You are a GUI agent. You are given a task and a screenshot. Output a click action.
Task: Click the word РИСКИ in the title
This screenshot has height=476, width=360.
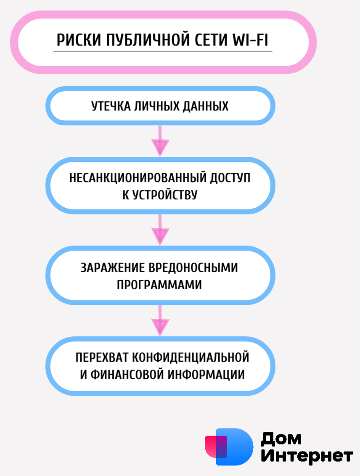click(79, 40)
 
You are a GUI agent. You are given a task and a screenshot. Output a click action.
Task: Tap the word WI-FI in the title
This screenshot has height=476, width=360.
click(250, 40)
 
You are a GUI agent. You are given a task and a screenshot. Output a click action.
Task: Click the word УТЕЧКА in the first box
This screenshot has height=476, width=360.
click(111, 106)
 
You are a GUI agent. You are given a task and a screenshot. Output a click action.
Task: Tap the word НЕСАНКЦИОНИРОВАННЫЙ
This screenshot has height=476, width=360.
click(138, 177)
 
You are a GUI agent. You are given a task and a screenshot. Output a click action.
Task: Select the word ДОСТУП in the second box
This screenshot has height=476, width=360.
click(230, 178)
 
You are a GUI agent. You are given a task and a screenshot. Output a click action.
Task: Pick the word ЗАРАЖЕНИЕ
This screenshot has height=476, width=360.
click(112, 268)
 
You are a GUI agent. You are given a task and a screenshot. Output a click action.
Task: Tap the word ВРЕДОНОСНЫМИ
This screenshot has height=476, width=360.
click(193, 268)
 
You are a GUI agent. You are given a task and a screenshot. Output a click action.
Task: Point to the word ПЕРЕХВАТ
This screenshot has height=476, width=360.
click(102, 357)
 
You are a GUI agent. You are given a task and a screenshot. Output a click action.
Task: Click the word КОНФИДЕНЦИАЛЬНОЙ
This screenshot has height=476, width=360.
click(191, 357)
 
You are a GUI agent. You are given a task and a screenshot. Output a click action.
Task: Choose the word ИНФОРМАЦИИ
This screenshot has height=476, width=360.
click(206, 375)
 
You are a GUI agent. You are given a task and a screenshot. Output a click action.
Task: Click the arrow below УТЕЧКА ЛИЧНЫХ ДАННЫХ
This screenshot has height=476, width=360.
click(160, 141)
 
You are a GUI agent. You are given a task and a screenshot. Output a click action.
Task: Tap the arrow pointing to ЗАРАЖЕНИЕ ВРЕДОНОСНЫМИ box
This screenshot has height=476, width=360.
click(160, 230)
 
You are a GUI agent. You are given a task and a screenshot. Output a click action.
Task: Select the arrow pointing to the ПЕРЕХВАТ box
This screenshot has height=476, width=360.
click(160, 320)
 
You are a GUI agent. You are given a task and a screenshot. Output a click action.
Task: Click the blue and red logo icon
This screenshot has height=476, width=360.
click(229, 447)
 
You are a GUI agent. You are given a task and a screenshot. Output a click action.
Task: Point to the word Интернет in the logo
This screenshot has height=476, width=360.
click(307, 455)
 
